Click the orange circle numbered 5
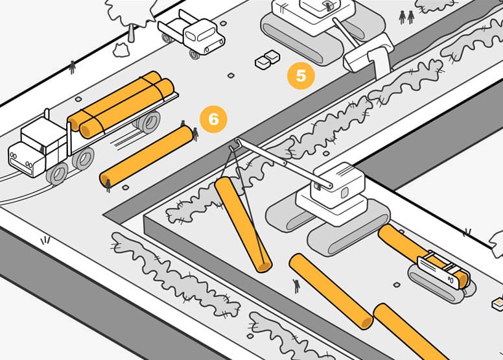click(x=301, y=76)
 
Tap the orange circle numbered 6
click(x=213, y=119)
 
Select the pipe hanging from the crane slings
click(x=243, y=224)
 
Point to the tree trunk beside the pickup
click(x=131, y=32)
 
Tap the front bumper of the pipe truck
click(x=21, y=167)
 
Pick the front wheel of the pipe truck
click(x=58, y=174)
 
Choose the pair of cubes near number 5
click(x=267, y=60)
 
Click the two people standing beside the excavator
click(x=406, y=17)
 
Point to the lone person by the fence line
click(x=73, y=67)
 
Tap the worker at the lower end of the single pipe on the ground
click(x=108, y=186)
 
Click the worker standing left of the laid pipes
click(x=297, y=285)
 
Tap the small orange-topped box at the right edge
click(x=498, y=304)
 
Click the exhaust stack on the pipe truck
click(x=47, y=114)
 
